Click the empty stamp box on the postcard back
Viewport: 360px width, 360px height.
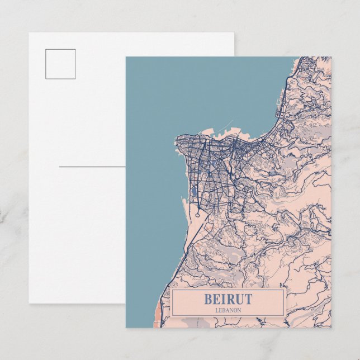tap(61, 64)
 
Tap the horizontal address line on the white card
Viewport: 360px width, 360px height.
tap(92, 167)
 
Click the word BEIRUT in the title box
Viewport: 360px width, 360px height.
tap(228, 299)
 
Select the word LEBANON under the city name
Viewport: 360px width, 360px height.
tap(228, 310)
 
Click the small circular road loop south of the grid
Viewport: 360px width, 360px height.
tap(198, 213)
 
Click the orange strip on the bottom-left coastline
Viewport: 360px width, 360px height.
tap(159, 310)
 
